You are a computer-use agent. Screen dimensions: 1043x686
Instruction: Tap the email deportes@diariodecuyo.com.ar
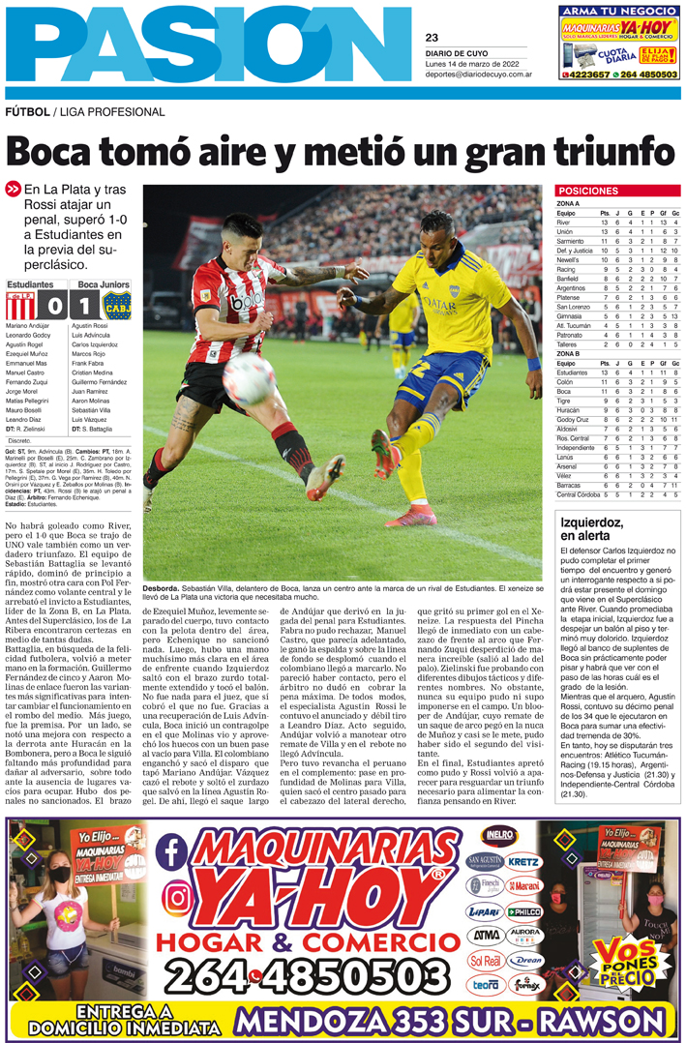473,74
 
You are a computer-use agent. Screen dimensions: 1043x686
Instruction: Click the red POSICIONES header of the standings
589,191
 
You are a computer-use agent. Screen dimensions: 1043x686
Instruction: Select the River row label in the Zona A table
563,223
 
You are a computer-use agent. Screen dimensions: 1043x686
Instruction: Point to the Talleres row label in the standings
568,344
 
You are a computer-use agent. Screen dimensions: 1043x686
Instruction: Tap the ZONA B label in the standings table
570,353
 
